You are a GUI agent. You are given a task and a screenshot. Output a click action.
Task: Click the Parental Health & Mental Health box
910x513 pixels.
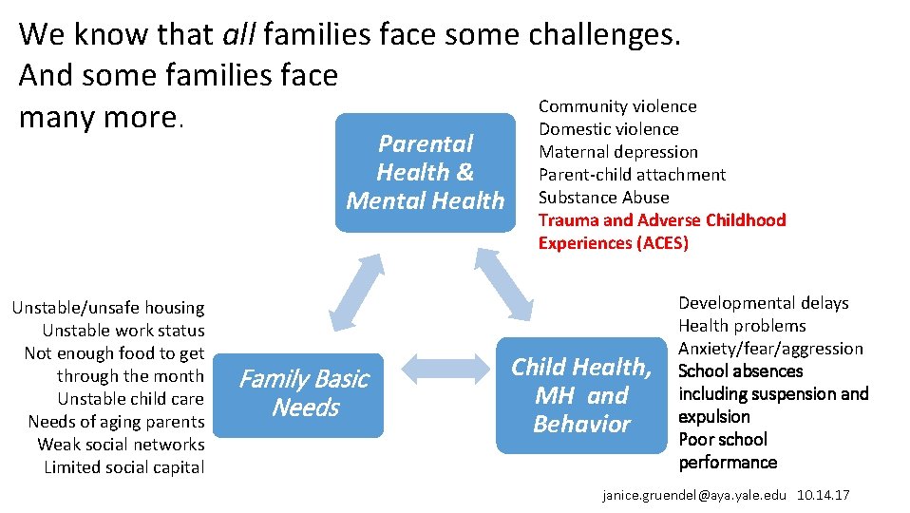tap(425, 172)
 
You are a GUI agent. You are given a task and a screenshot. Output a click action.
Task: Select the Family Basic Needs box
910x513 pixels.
tap(303, 394)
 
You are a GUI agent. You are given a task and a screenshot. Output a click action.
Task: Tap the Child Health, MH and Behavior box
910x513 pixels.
tap(581, 395)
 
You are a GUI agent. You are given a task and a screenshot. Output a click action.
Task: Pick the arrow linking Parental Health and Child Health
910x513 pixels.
tap(502, 283)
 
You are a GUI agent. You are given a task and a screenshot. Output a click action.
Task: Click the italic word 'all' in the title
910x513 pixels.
tap(238, 34)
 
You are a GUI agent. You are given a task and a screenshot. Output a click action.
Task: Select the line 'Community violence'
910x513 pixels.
tap(617, 106)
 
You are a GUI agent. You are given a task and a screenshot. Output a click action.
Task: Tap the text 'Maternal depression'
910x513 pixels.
tap(617, 152)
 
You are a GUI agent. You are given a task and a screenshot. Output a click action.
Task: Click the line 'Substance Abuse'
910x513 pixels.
tap(603, 198)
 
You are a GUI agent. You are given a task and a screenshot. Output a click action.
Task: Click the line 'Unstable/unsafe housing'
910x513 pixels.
tap(108, 308)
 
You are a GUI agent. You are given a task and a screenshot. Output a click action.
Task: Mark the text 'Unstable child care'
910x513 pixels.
tap(130, 399)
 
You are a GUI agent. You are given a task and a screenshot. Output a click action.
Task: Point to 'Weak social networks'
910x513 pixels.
tap(121, 445)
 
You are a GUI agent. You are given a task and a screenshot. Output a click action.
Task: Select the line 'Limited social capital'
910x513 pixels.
tap(123, 467)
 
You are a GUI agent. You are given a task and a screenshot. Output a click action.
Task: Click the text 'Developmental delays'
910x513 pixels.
tap(763, 303)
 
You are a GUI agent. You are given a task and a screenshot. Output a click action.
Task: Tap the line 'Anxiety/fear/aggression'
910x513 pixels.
tap(770, 349)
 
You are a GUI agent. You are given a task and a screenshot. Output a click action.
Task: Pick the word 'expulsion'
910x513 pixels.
tap(713, 417)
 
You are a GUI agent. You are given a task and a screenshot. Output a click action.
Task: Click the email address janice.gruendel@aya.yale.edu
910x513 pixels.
tap(695, 496)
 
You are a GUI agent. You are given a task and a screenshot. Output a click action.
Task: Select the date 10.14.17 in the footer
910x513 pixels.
tap(825, 496)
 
